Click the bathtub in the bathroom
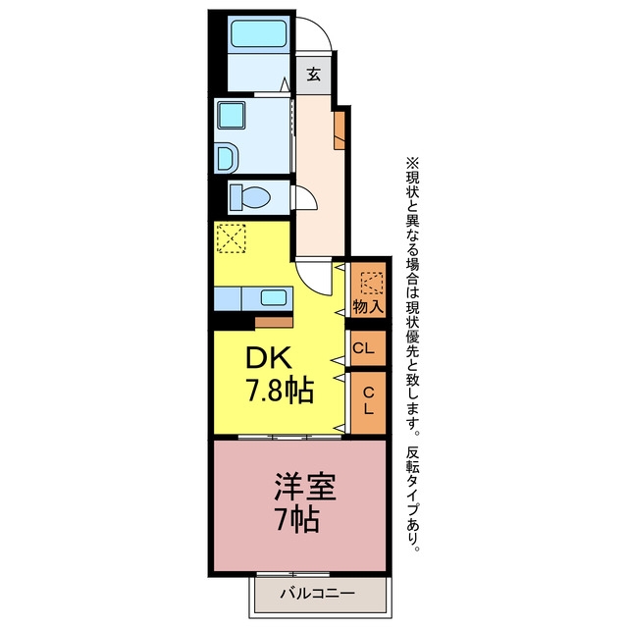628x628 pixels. click(x=259, y=33)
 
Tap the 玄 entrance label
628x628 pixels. click(x=314, y=75)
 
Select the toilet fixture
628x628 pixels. click(x=250, y=197)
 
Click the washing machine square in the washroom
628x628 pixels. click(x=232, y=115)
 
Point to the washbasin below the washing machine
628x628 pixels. click(x=228, y=158)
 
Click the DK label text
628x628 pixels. click(x=268, y=358)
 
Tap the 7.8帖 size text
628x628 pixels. click(x=279, y=391)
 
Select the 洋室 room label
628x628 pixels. click(x=304, y=488)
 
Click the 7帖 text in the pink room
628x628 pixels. click(x=298, y=519)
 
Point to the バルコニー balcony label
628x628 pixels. click(x=317, y=592)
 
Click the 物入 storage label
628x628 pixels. click(x=368, y=307)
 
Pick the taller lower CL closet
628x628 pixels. click(x=368, y=402)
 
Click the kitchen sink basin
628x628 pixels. click(x=274, y=298)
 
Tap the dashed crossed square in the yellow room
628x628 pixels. click(x=232, y=237)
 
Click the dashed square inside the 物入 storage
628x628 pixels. click(x=372, y=283)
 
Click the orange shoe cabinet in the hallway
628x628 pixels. click(x=340, y=131)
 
